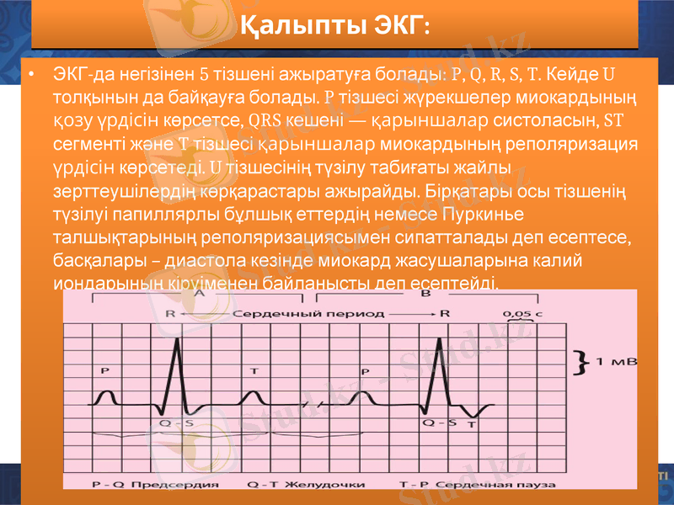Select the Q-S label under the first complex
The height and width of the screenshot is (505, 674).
click(x=174, y=423)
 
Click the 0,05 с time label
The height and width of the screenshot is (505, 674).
click(x=522, y=313)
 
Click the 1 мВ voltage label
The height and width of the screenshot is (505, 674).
click(x=617, y=362)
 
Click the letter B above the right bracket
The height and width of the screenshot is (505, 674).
click(x=425, y=294)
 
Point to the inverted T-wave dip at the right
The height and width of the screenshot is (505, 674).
click(x=478, y=413)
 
